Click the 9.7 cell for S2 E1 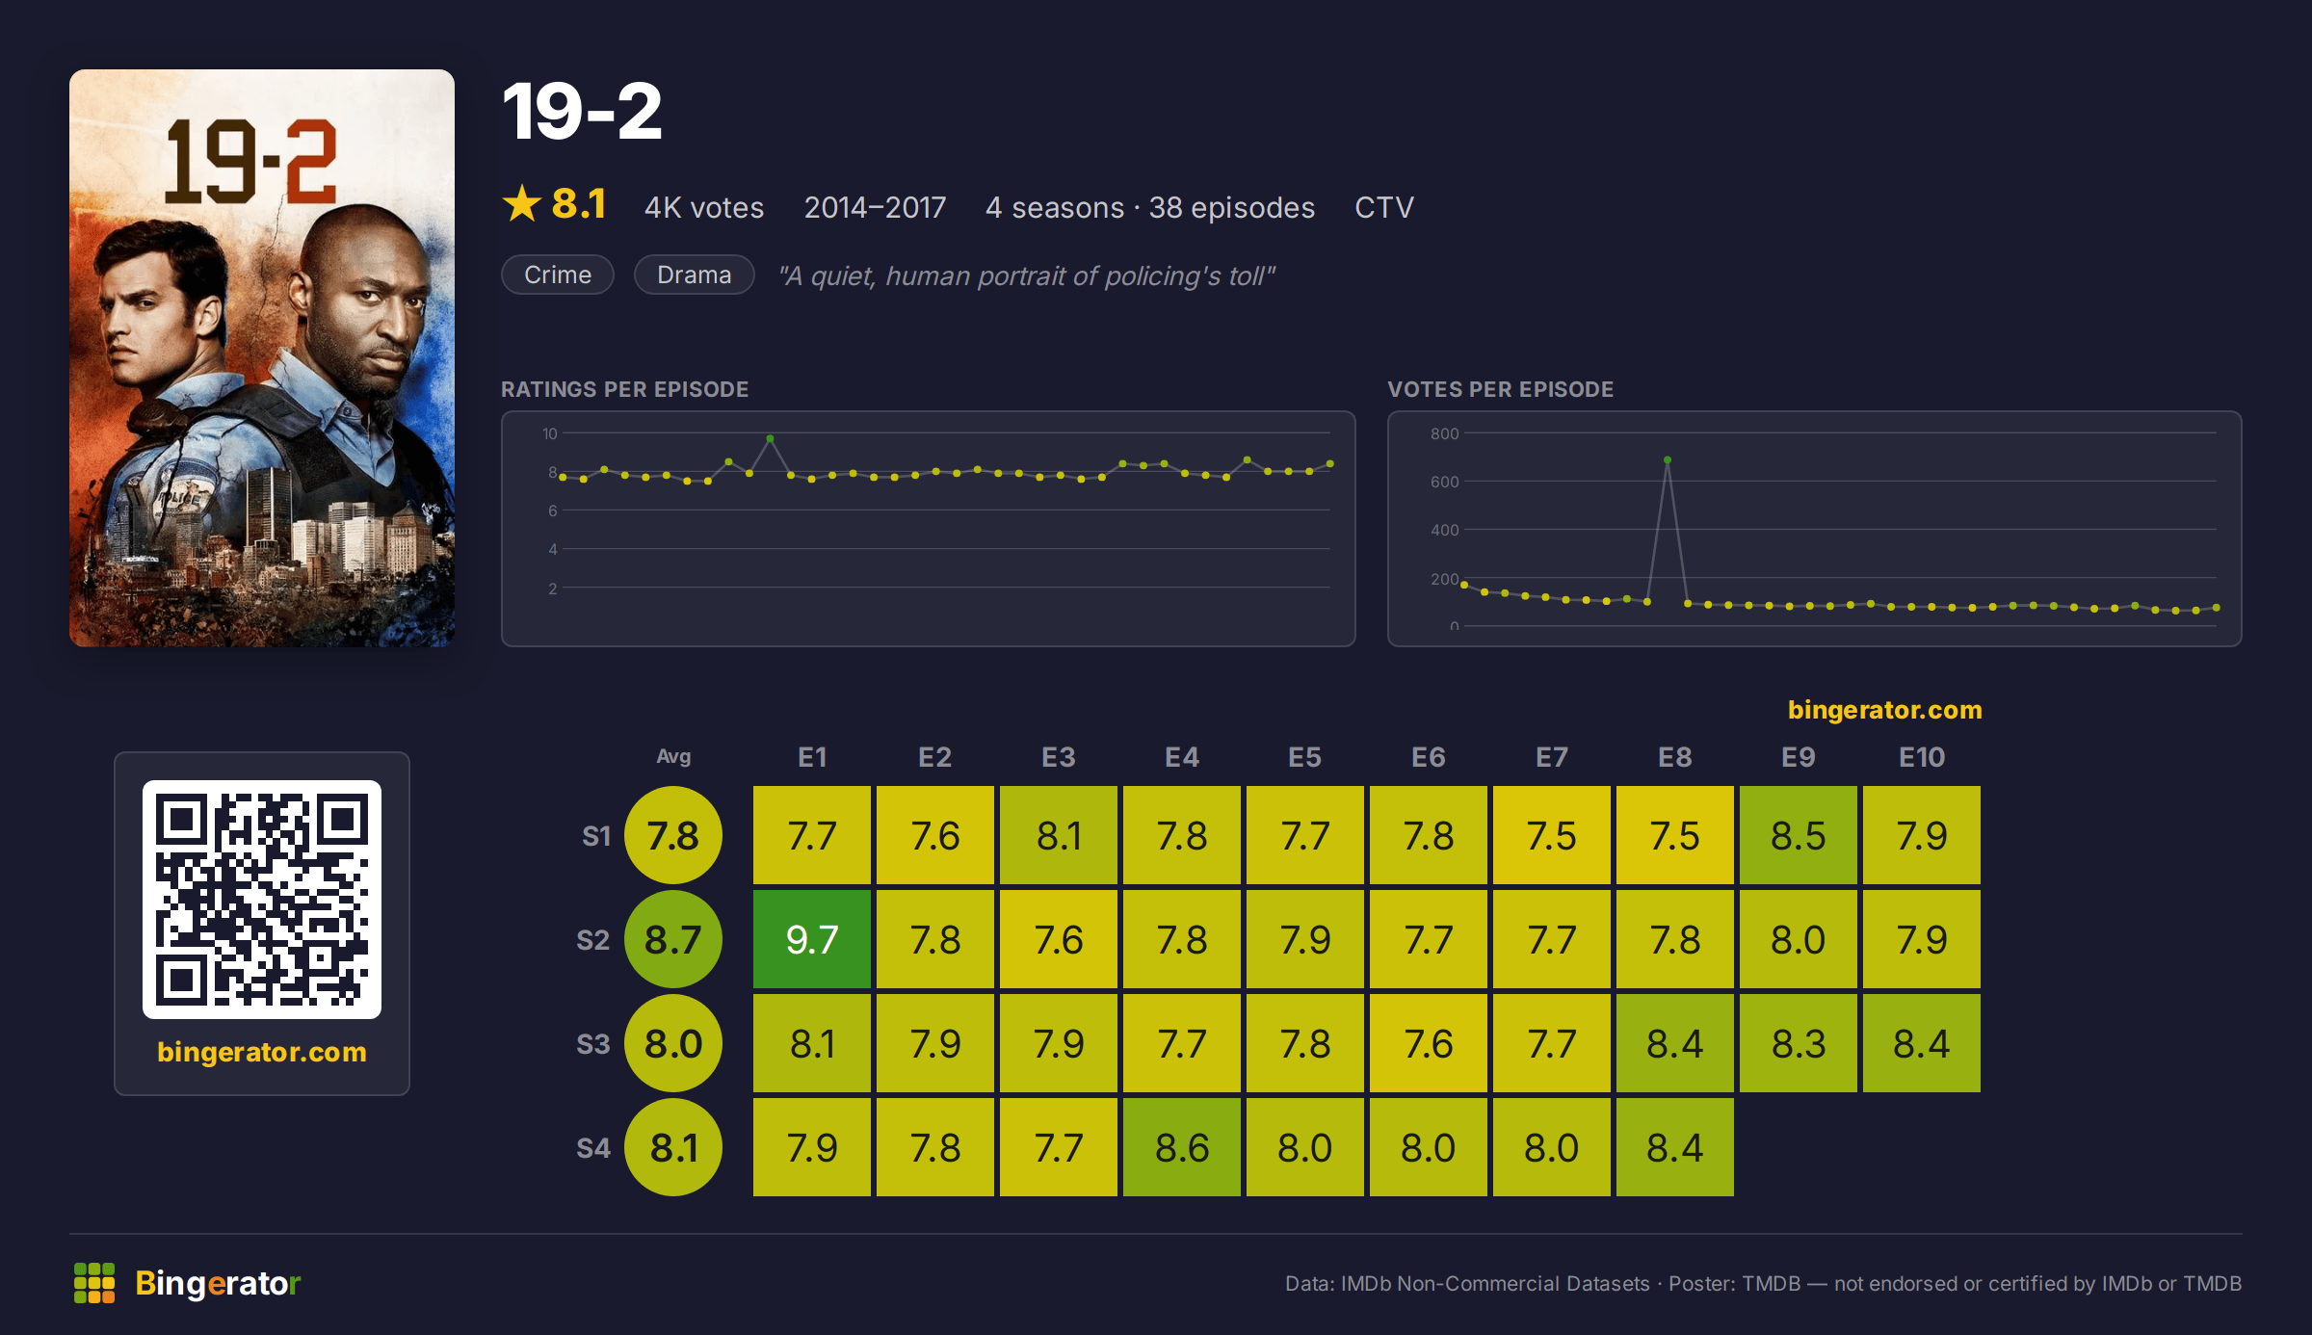[x=811, y=939]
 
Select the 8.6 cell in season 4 [x=1181, y=1147]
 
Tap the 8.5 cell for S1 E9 [x=1798, y=835]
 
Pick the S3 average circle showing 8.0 [x=673, y=1043]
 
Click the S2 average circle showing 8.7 [x=673, y=939]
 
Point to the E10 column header [x=1921, y=757]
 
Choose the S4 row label [x=593, y=1148]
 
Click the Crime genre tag [x=558, y=275]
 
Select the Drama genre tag [x=694, y=275]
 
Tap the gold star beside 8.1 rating [x=522, y=203]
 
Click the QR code [x=262, y=900]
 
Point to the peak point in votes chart [x=1668, y=460]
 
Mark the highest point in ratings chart [x=770, y=439]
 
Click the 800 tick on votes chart [x=1444, y=433]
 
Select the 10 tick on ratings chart [x=549, y=433]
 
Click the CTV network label [x=1384, y=207]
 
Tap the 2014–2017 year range [x=875, y=207]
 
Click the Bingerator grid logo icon [x=94, y=1283]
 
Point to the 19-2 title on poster [x=250, y=162]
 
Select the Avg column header [x=673, y=757]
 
